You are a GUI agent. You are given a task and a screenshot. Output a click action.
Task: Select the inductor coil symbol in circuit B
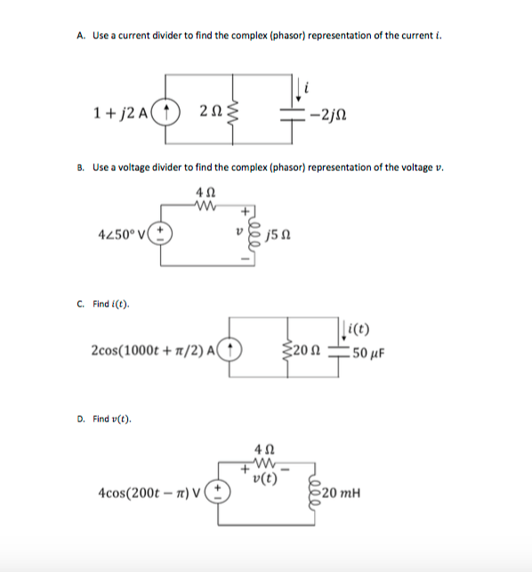259,235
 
